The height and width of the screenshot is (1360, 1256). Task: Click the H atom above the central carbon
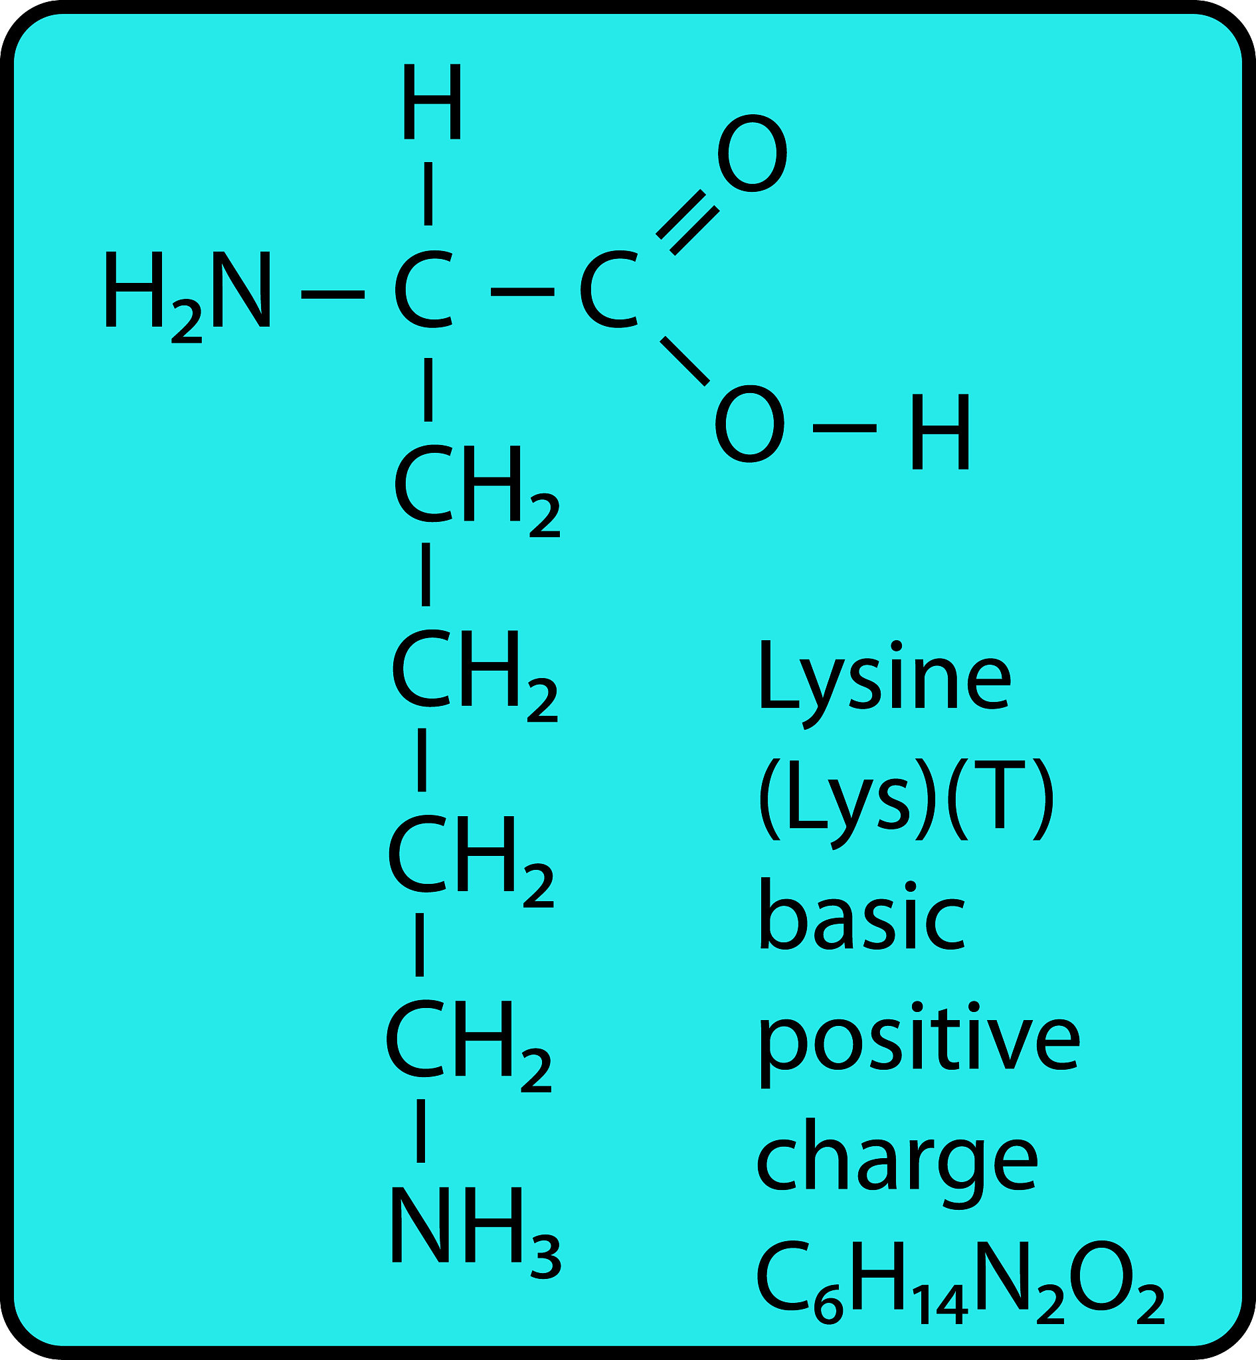click(x=432, y=102)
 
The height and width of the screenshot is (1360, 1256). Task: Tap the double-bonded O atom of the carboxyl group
click(x=753, y=153)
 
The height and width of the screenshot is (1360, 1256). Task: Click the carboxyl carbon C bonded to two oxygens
click(x=609, y=290)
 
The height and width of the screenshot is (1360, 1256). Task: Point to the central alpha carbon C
click(x=423, y=290)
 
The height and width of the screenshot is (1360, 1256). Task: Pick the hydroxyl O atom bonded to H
click(x=751, y=425)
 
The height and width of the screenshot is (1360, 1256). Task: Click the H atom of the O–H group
click(x=941, y=432)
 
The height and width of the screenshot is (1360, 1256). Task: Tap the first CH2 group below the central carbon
click(x=477, y=489)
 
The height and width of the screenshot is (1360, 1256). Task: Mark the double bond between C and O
click(x=687, y=222)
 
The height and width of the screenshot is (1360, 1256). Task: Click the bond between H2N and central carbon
click(x=333, y=294)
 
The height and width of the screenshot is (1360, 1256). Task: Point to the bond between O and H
click(x=845, y=428)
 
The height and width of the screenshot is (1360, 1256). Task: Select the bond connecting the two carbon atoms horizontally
click(x=523, y=292)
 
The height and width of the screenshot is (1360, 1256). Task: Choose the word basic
click(x=862, y=914)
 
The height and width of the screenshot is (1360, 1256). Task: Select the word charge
click(x=897, y=1163)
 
